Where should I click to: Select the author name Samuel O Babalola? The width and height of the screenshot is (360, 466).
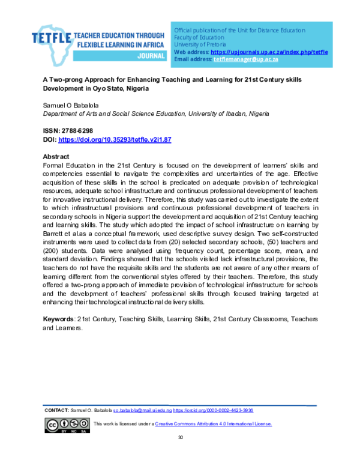pos(66,106)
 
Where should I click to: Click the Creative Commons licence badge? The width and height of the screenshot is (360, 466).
pos(67,425)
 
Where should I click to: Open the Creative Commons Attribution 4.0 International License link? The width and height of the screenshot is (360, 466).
pos(213,424)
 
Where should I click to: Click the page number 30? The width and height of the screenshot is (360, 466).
pos(180,437)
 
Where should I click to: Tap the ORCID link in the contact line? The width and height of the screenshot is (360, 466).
pos(213,410)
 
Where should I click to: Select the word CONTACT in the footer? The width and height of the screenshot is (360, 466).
pos(57,410)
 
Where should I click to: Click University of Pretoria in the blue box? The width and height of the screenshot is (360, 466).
pos(200,44)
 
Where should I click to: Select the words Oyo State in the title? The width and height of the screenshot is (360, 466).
pos(109,88)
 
